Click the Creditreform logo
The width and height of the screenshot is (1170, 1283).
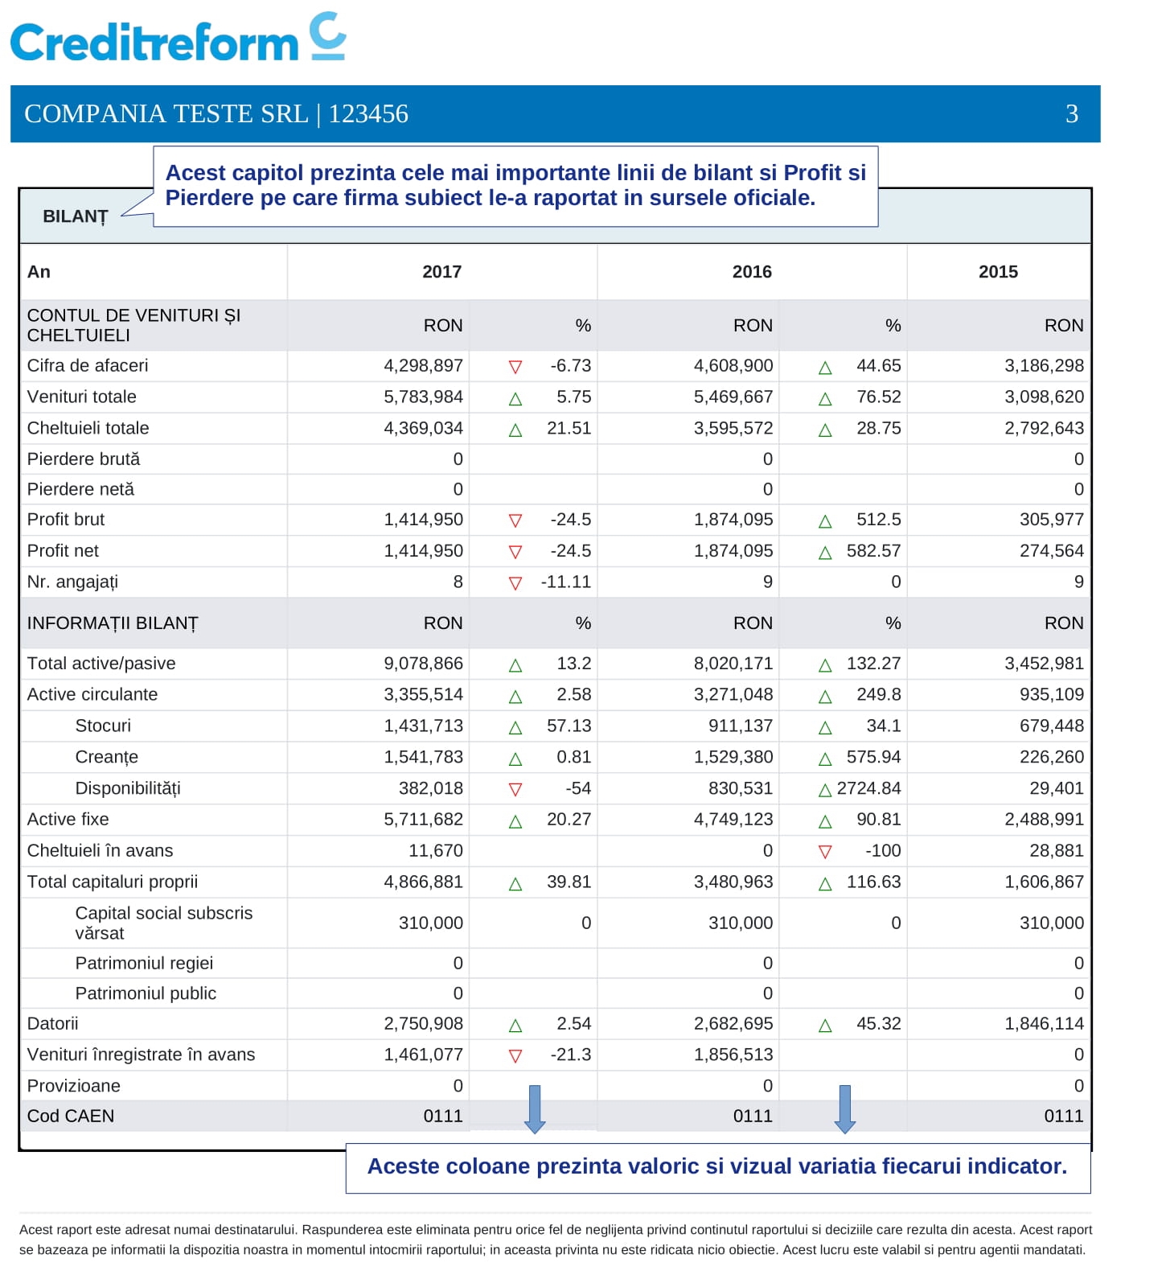(178, 38)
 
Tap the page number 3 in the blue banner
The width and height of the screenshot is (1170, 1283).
(1071, 113)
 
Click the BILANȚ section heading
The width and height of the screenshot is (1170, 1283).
(76, 216)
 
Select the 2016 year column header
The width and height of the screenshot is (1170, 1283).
(752, 272)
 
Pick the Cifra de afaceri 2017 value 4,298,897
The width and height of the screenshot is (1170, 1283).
(423, 365)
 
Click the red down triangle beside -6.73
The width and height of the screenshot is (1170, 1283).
(515, 367)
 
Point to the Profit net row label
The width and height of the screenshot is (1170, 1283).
(63, 551)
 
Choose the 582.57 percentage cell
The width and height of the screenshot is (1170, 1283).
(873, 551)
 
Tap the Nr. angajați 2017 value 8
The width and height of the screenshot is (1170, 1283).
(458, 582)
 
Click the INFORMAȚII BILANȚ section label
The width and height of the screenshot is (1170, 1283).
(113, 623)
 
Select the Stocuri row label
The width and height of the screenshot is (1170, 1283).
(103, 726)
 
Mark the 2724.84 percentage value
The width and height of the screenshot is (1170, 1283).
(868, 788)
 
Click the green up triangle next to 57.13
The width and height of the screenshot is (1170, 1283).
(515, 727)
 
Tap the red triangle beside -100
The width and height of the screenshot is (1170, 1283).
(824, 851)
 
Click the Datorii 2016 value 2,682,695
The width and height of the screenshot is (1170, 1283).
(733, 1023)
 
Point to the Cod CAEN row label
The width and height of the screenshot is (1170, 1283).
(71, 1116)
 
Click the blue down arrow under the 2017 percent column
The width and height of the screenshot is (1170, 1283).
(535, 1108)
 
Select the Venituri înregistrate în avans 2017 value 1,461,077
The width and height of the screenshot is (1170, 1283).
(423, 1055)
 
